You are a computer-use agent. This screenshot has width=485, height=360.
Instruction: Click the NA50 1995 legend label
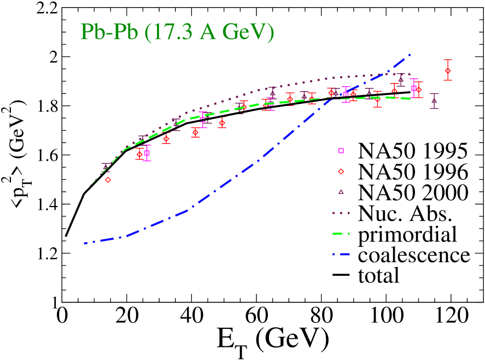click(x=413, y=151)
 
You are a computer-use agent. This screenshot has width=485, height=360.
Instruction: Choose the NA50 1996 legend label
click(x=413, y=172)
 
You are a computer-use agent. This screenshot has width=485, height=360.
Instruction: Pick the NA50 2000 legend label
click(x=413, y=192)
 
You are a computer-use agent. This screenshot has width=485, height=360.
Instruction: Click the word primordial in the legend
click(x=407, y=234)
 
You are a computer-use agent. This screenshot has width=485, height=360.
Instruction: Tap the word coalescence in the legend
click(x=414, y=255)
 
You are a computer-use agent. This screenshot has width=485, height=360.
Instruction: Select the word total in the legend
click(x=378, y=275)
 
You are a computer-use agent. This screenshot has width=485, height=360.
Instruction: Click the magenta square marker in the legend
click(x=341, y=151)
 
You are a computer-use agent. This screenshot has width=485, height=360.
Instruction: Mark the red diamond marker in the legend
click(x=341, y=172)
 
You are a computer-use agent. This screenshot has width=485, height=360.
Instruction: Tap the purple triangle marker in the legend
click(x=341, y=192)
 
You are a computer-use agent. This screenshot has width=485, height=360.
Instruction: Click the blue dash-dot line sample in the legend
click(x=341, y=255)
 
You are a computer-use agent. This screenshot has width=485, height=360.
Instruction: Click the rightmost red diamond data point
click(x=448, y=70)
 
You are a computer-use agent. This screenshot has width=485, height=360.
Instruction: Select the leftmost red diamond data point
click(x=108, y=180)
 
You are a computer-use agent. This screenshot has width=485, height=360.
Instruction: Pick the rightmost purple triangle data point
click(x=434, y=100)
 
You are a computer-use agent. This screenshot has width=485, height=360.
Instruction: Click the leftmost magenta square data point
click(x=147, y=154)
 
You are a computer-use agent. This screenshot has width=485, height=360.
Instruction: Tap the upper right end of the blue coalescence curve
click(x=409, y=55)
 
